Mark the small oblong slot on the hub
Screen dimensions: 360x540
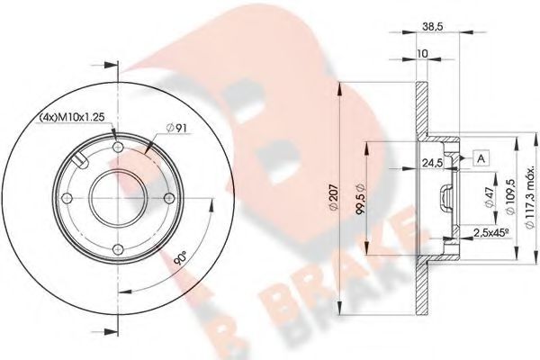click(78, 163)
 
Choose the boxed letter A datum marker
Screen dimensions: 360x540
click(481, 159)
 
